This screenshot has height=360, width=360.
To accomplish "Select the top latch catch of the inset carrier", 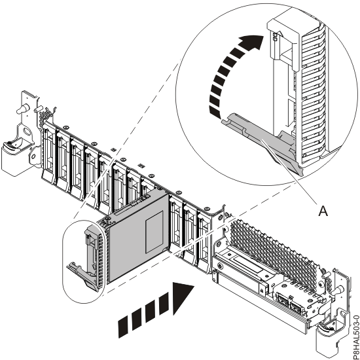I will pyautogui.click(x=276, y=39).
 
